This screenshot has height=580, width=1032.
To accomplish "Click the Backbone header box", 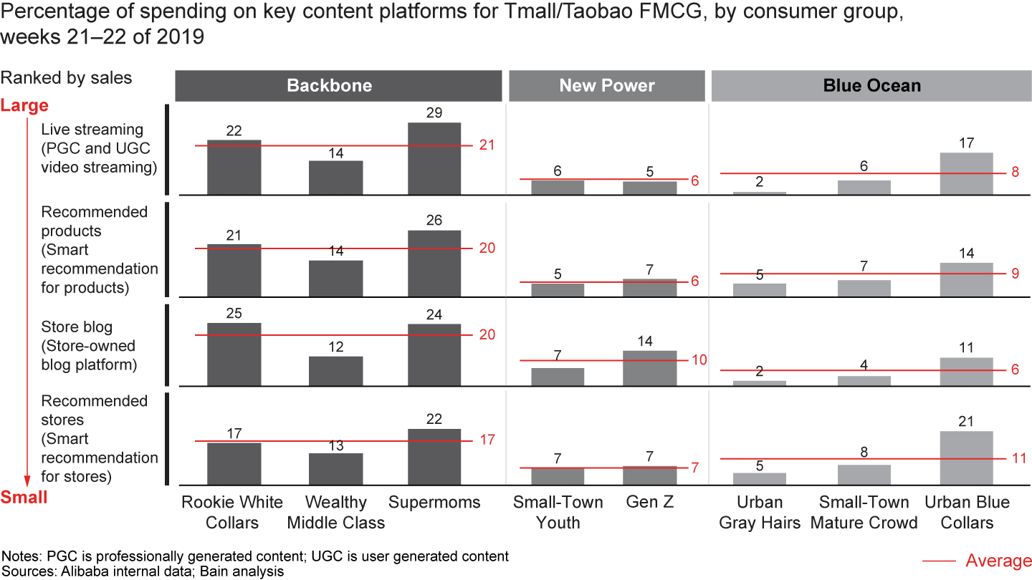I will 338,86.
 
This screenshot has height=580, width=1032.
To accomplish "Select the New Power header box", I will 607,86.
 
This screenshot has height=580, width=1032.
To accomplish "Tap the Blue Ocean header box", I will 871,86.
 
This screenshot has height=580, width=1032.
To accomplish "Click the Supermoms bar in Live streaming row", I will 434,158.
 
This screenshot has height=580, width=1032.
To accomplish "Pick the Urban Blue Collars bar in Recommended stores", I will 966,458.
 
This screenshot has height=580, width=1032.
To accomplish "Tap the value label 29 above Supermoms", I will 434,113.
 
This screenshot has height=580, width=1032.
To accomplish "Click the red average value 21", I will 488,145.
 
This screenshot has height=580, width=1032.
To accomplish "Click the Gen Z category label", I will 651,503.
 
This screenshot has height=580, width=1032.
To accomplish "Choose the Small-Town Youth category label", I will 558,512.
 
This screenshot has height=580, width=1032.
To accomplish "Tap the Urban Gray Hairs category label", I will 760,512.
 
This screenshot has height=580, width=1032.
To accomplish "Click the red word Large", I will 24,106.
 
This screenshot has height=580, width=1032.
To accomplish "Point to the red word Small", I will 24,498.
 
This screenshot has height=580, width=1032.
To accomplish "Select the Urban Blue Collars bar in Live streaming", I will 966,173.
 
